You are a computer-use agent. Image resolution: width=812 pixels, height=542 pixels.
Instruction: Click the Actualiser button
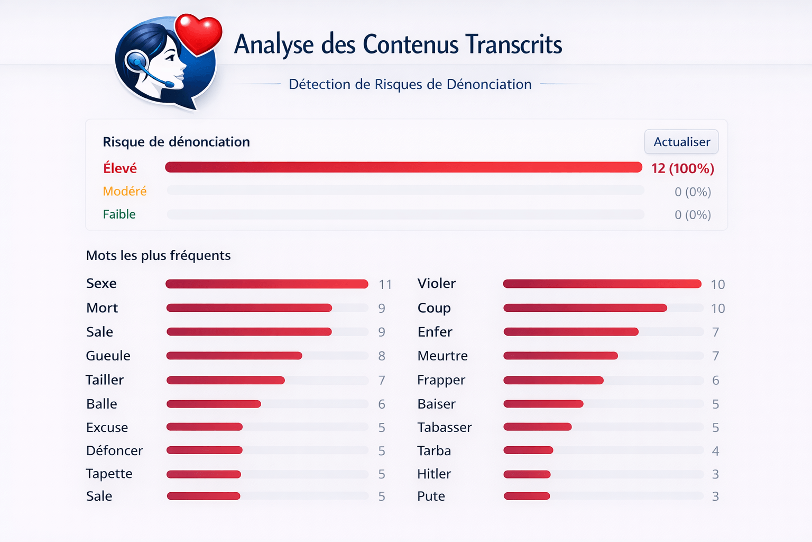[681, 142]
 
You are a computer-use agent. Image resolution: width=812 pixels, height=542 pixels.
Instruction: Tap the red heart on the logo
[198, 34]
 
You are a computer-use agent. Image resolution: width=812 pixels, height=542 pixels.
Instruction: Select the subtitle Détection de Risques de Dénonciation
[410, 84]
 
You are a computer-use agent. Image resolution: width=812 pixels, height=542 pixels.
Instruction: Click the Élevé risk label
[120, 168]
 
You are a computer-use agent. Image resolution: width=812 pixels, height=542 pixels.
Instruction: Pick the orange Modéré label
[125, 191]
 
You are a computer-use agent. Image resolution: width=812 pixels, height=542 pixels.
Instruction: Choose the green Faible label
[119, 214]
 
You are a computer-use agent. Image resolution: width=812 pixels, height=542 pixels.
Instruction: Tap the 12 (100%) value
[682, 168]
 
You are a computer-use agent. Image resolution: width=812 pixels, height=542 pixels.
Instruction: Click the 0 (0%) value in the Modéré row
[693, 192]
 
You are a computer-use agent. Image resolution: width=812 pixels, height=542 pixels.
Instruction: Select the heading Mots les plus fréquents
[158, 256]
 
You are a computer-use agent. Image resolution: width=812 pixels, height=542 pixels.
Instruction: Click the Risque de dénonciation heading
[176, 142]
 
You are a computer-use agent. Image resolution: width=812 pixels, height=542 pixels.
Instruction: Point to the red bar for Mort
[249, 308]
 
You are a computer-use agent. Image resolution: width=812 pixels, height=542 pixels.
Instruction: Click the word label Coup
[434, 308]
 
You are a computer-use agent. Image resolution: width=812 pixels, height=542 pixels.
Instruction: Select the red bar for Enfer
[571, 332]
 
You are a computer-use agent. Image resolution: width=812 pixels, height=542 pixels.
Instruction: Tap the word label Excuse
[107, 427]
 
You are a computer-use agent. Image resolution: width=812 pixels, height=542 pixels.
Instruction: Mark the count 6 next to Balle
[382, 404]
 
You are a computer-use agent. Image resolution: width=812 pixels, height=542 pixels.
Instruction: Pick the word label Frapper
[441, 380]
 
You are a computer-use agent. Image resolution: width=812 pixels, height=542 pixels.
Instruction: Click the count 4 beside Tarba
[715, 451]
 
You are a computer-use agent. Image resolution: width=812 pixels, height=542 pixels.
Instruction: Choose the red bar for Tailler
[226, 380]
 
